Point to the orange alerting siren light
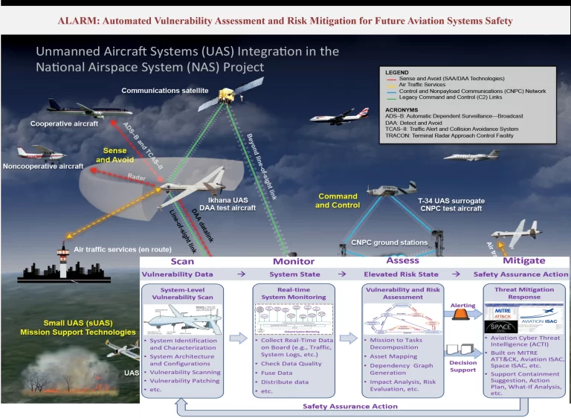pos(461,315)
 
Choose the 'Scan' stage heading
pos(182,261)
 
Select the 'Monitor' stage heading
pos(293,261)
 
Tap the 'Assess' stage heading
pos(402,260)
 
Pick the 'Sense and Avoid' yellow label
pos(115,155)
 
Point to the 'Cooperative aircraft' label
pos(64,123)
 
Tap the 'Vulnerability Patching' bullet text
pos(185,381)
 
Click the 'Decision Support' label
pos(463,365)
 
